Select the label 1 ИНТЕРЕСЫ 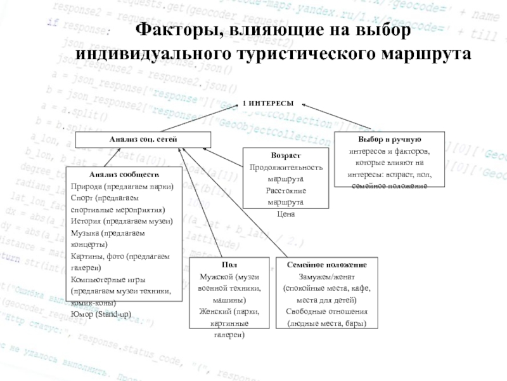(x=269, y=103)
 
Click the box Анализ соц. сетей (x=143, y=138)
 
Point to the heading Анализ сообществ (x=124, y=174)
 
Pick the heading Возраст (x=285, y=156)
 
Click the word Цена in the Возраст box (x=286, y=214)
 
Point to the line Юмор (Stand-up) (x=101, y=314)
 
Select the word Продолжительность (x=286, y=168)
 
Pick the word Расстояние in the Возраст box (x=286, y=190)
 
